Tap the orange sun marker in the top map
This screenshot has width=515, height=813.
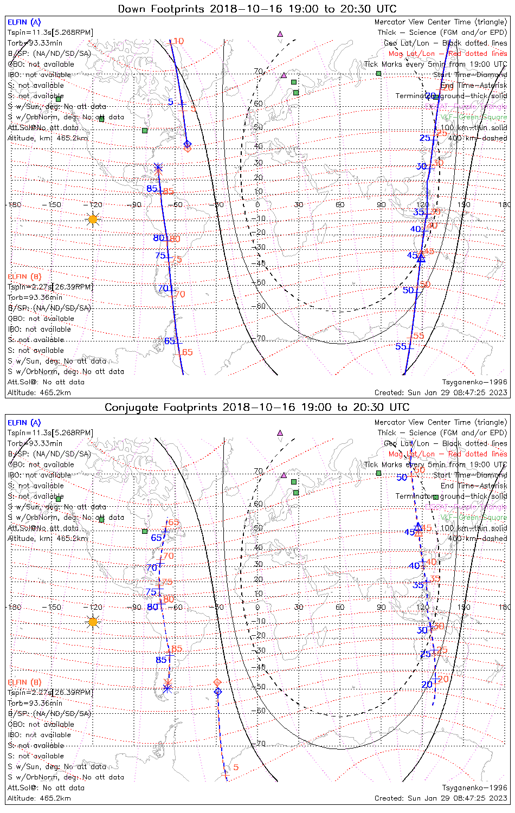tap(93, 220)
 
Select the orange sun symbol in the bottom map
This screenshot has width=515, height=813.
tap(93, 622)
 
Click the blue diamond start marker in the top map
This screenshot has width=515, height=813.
tap(188, 144)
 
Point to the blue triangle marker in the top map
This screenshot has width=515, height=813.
tap(421, 258)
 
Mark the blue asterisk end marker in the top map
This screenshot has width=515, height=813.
tap(157, 167)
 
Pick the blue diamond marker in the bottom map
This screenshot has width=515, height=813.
tap(218, 692)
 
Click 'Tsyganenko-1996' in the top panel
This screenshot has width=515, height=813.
tap(474, 382)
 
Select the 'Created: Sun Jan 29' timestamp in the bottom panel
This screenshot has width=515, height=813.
tap(441, 798)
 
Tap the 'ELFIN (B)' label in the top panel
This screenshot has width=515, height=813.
tap(24, 277)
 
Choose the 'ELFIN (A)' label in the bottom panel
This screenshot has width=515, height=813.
tap(24, 423)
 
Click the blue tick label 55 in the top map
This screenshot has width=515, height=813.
tap(401, 347)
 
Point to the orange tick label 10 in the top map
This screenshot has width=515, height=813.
tap(179, 41)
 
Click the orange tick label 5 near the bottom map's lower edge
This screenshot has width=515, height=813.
tap(236, 767)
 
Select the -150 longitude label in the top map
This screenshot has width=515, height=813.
tap(54, 205)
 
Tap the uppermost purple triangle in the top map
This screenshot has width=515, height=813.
tap(280, 34)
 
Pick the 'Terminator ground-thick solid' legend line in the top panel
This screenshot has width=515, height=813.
tap(451, 96)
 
